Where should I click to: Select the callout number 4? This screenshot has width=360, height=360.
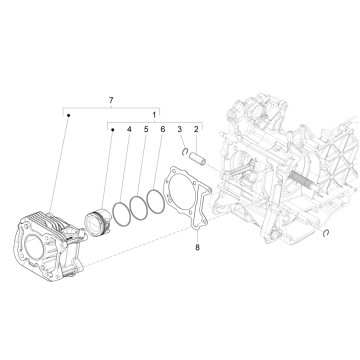click(128, 131)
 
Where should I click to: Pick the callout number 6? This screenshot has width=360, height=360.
click(162, 131)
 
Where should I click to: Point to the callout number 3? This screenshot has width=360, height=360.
click(179, 131)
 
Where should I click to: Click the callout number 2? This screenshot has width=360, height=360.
click(196, 131)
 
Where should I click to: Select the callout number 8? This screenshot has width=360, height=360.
click(198, 246)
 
